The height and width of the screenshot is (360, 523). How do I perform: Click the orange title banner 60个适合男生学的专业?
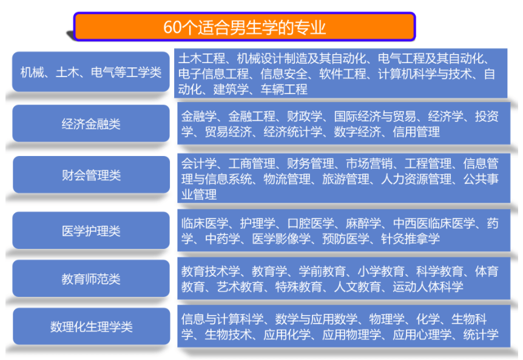tap(245, 27)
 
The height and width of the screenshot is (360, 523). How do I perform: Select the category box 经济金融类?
tap(91, 123)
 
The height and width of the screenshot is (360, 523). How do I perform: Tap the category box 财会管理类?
tap(91, 175)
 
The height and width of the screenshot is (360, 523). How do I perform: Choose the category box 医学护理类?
tap(91, 231)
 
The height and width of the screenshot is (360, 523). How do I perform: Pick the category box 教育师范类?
tap(91, 279)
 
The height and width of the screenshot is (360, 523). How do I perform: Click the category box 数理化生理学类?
tap(91, 326)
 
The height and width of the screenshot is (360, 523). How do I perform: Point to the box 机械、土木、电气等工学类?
tap(91, 72)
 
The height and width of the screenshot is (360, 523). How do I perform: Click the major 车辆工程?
tap(284, 89)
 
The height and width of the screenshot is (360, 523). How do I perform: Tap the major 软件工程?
tap(343, 74)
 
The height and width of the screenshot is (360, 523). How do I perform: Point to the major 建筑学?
tap(231, 89)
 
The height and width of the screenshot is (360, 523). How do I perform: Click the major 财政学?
tap(305, 117)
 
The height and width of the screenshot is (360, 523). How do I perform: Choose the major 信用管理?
tap(416, 132)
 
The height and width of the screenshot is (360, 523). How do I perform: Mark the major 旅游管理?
tap(346, 179)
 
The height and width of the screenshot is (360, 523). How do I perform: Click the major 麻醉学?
tap(363, 223)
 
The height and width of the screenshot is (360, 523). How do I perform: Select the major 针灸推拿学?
tap(410, 239)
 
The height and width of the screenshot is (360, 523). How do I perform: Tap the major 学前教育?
tap(322, 271)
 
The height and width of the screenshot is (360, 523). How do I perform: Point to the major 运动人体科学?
tap(428, 287)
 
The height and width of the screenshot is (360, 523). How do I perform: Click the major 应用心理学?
tap(422, 335)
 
